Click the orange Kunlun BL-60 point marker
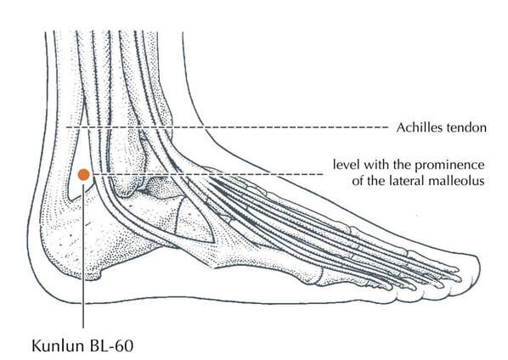pyautogui.click(x=83, y=175)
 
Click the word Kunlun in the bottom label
pyautogui.click(x=57, y=346)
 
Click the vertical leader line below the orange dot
pyautogui.click(x=83, y=256)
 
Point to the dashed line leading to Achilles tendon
pyautogui.click(x=228, y=127)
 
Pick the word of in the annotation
pyautogui.click(x=358, y=180)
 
